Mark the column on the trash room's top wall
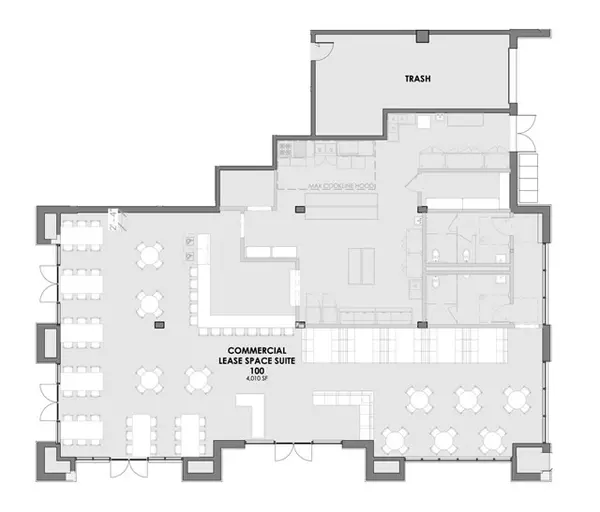[422, 37]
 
